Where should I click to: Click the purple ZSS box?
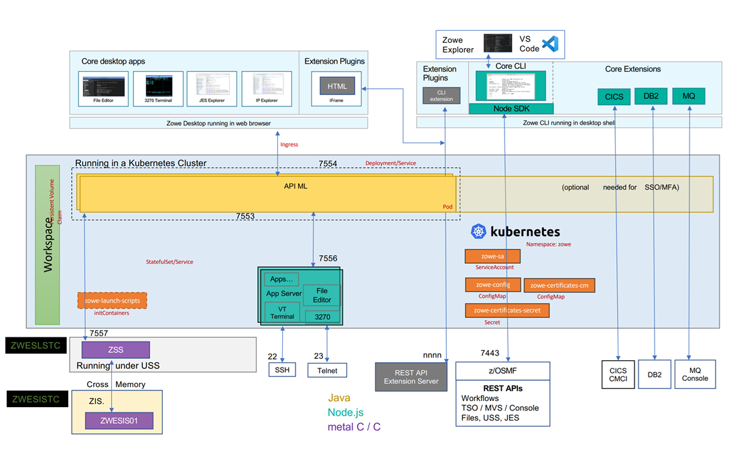point(116,350)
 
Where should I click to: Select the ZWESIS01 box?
point(119,421)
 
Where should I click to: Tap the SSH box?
point(281,370)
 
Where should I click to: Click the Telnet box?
point(327,370)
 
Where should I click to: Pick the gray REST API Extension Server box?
point(410,376)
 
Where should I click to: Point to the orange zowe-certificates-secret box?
point(507,311)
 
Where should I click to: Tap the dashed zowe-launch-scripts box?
point(112,301)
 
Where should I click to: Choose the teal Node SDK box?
point(511,108)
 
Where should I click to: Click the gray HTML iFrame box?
point(337,86)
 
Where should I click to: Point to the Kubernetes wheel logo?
point(478,232)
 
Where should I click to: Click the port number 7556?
point(328,258)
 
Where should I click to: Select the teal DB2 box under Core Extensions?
point(651,96)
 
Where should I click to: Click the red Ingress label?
point(289,145)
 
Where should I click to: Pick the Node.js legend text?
point(346,412)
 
